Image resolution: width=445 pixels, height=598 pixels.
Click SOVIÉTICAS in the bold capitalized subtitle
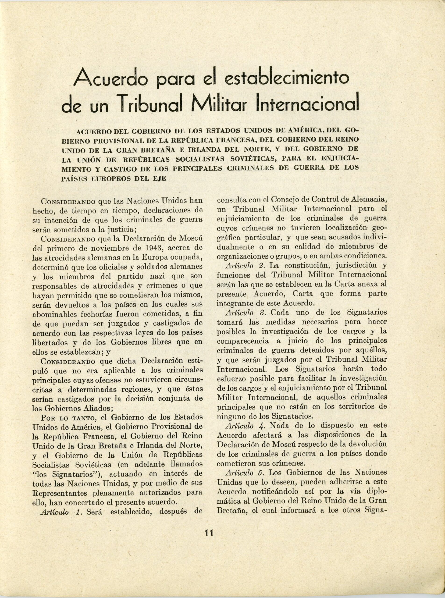tap(253, 159)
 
